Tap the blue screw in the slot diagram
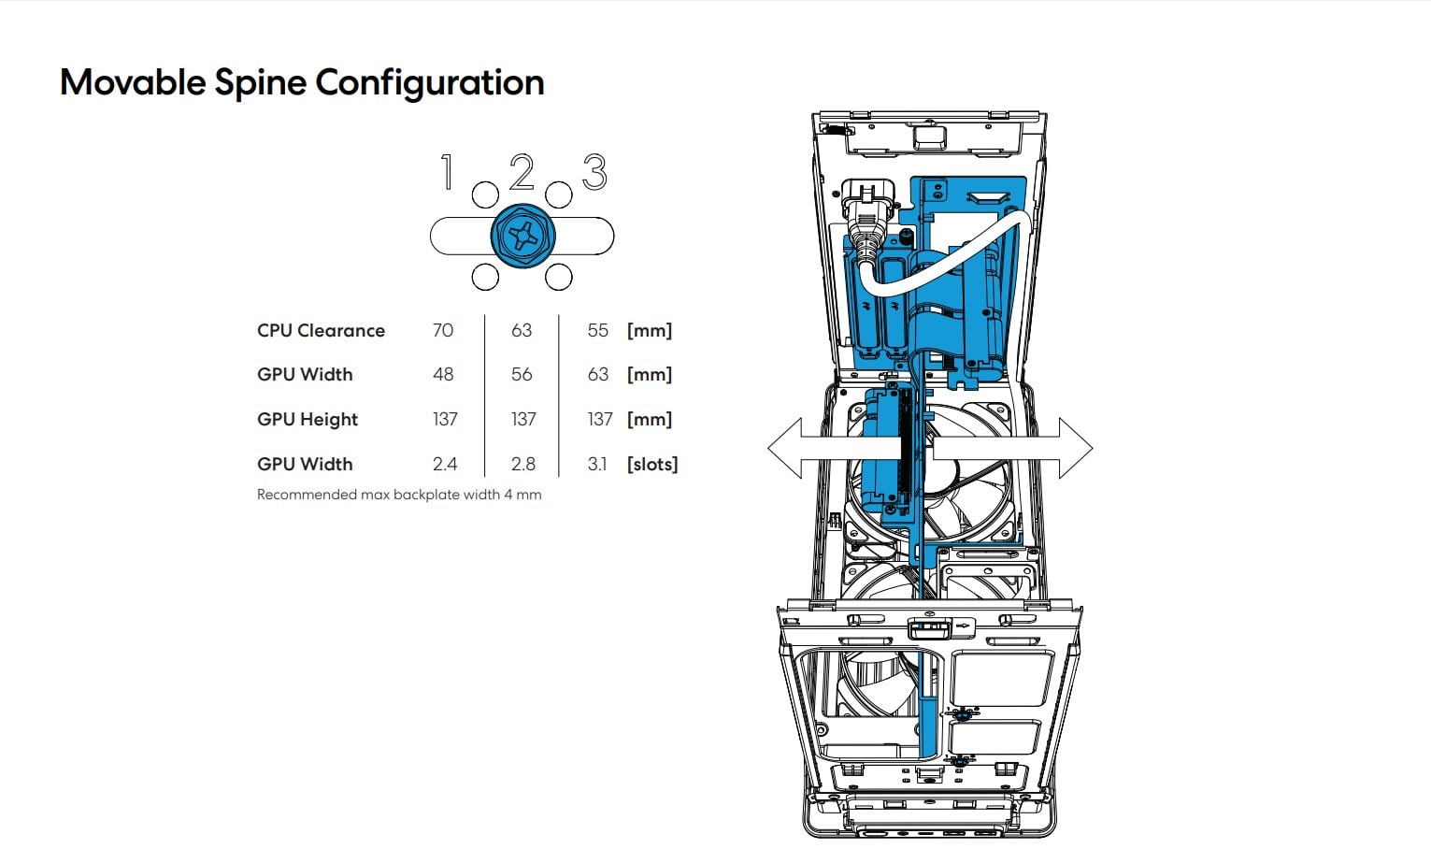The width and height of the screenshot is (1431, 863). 522,236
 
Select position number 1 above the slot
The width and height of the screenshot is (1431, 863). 447,173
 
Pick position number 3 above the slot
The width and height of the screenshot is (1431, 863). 594,173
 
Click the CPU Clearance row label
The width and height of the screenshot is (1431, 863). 321,330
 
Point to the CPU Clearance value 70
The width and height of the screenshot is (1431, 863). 443,330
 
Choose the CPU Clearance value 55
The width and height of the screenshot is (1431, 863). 598,330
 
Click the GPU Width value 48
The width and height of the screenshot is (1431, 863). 443,374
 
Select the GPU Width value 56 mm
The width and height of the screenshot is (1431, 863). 522,374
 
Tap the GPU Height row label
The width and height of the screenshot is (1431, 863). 308,419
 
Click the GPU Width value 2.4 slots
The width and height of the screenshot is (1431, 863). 445,464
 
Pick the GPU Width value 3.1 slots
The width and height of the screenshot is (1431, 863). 597,464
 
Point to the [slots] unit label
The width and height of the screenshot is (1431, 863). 652,464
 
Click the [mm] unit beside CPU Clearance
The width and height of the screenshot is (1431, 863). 650,330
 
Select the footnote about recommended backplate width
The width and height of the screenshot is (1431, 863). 399,495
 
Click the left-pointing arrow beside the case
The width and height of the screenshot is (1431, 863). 790,448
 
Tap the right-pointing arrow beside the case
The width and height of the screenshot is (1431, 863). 1070,448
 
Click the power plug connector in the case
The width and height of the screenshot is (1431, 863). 865,215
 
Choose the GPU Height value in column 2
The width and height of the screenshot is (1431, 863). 523,419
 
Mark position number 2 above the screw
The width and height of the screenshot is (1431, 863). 522,173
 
